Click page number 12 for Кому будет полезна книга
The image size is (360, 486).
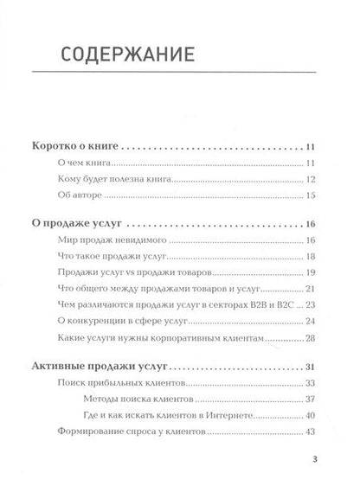(x=312, y=182)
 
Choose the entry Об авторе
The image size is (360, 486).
(x=72, y=198)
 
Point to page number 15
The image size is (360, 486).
(x=312, y=198)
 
